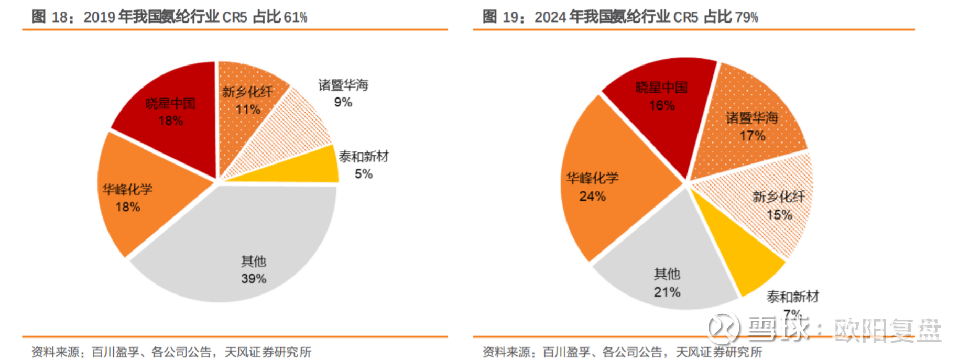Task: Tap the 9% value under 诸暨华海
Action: (x=343, y=102)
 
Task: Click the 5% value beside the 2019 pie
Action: (x=363, y=174)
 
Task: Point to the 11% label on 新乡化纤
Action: (x=248, y=110)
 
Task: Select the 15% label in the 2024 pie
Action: (x=779, y=215)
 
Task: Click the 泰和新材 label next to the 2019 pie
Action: (x=363, y=156)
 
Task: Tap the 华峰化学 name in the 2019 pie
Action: (x=127, y=189)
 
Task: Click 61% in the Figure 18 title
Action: (x=295, y=17)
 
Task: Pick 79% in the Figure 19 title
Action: (x=746, y=17)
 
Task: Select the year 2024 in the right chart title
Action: (x=550, y=17)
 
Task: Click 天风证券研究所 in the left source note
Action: (x=268, y=352)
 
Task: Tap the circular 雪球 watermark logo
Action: (x=723, y=328)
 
